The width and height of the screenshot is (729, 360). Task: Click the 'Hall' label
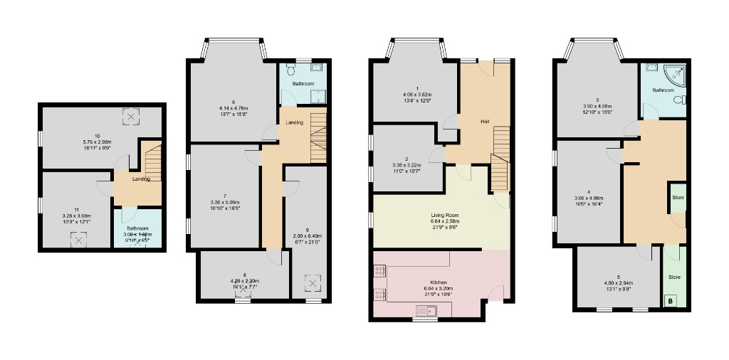coord(485,122)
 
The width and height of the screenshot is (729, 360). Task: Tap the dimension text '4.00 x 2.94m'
coord(618,282)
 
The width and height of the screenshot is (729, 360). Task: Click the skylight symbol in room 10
coord(131,116)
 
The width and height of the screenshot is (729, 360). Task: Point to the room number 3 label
coord(597,100)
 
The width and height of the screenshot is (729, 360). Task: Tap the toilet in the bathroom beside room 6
coord(290,71)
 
